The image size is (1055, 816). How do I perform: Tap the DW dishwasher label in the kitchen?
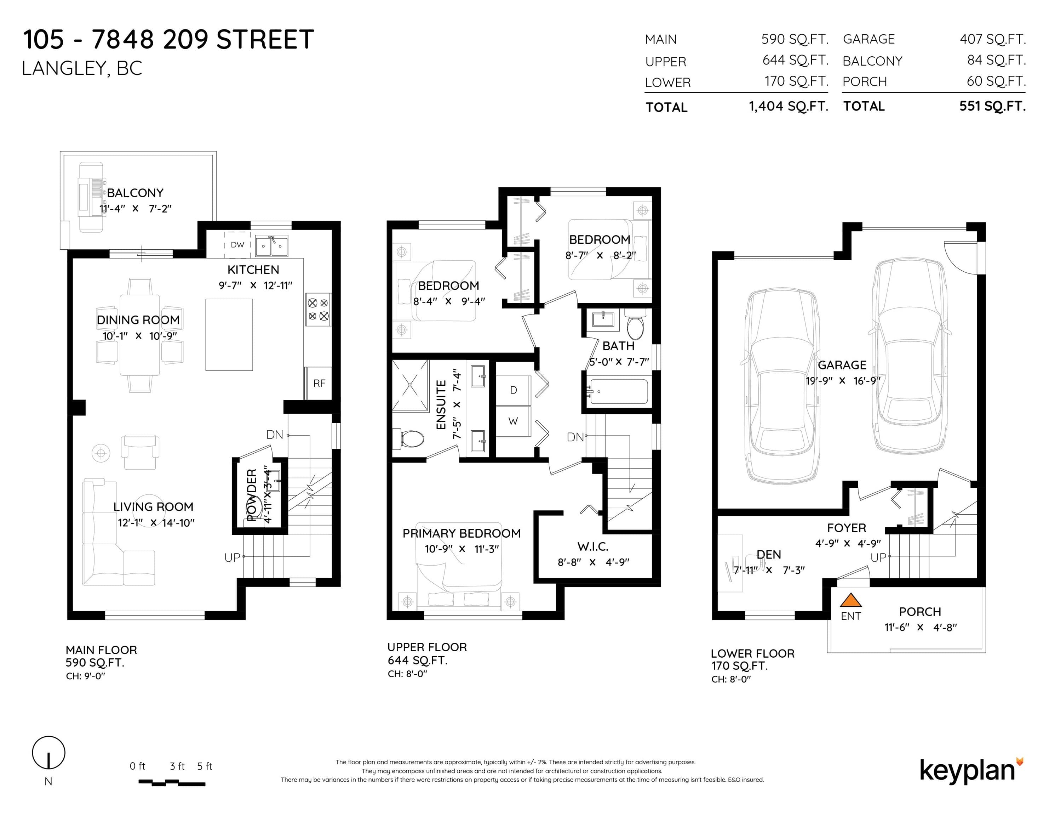point(237,245)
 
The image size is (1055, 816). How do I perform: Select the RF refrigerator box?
point(319,383)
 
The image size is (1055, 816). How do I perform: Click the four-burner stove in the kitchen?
point(318,310)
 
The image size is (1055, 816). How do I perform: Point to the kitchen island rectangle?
point(229,335)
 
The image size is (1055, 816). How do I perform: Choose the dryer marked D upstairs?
point(514,390)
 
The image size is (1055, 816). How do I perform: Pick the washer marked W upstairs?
point(514,421)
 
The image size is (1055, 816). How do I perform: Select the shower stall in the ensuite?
point(410,385)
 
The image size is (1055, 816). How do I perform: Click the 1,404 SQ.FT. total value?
point(789,106)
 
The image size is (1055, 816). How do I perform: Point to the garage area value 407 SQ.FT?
point(993,39)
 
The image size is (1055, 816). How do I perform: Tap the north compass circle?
point(48,753)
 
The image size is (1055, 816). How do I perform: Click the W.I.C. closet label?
point(593,547)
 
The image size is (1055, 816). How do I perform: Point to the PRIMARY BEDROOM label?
point(461,533)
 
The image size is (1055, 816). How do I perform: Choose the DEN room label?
point(769,555)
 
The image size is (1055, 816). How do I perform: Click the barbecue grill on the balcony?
point(91,197)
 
